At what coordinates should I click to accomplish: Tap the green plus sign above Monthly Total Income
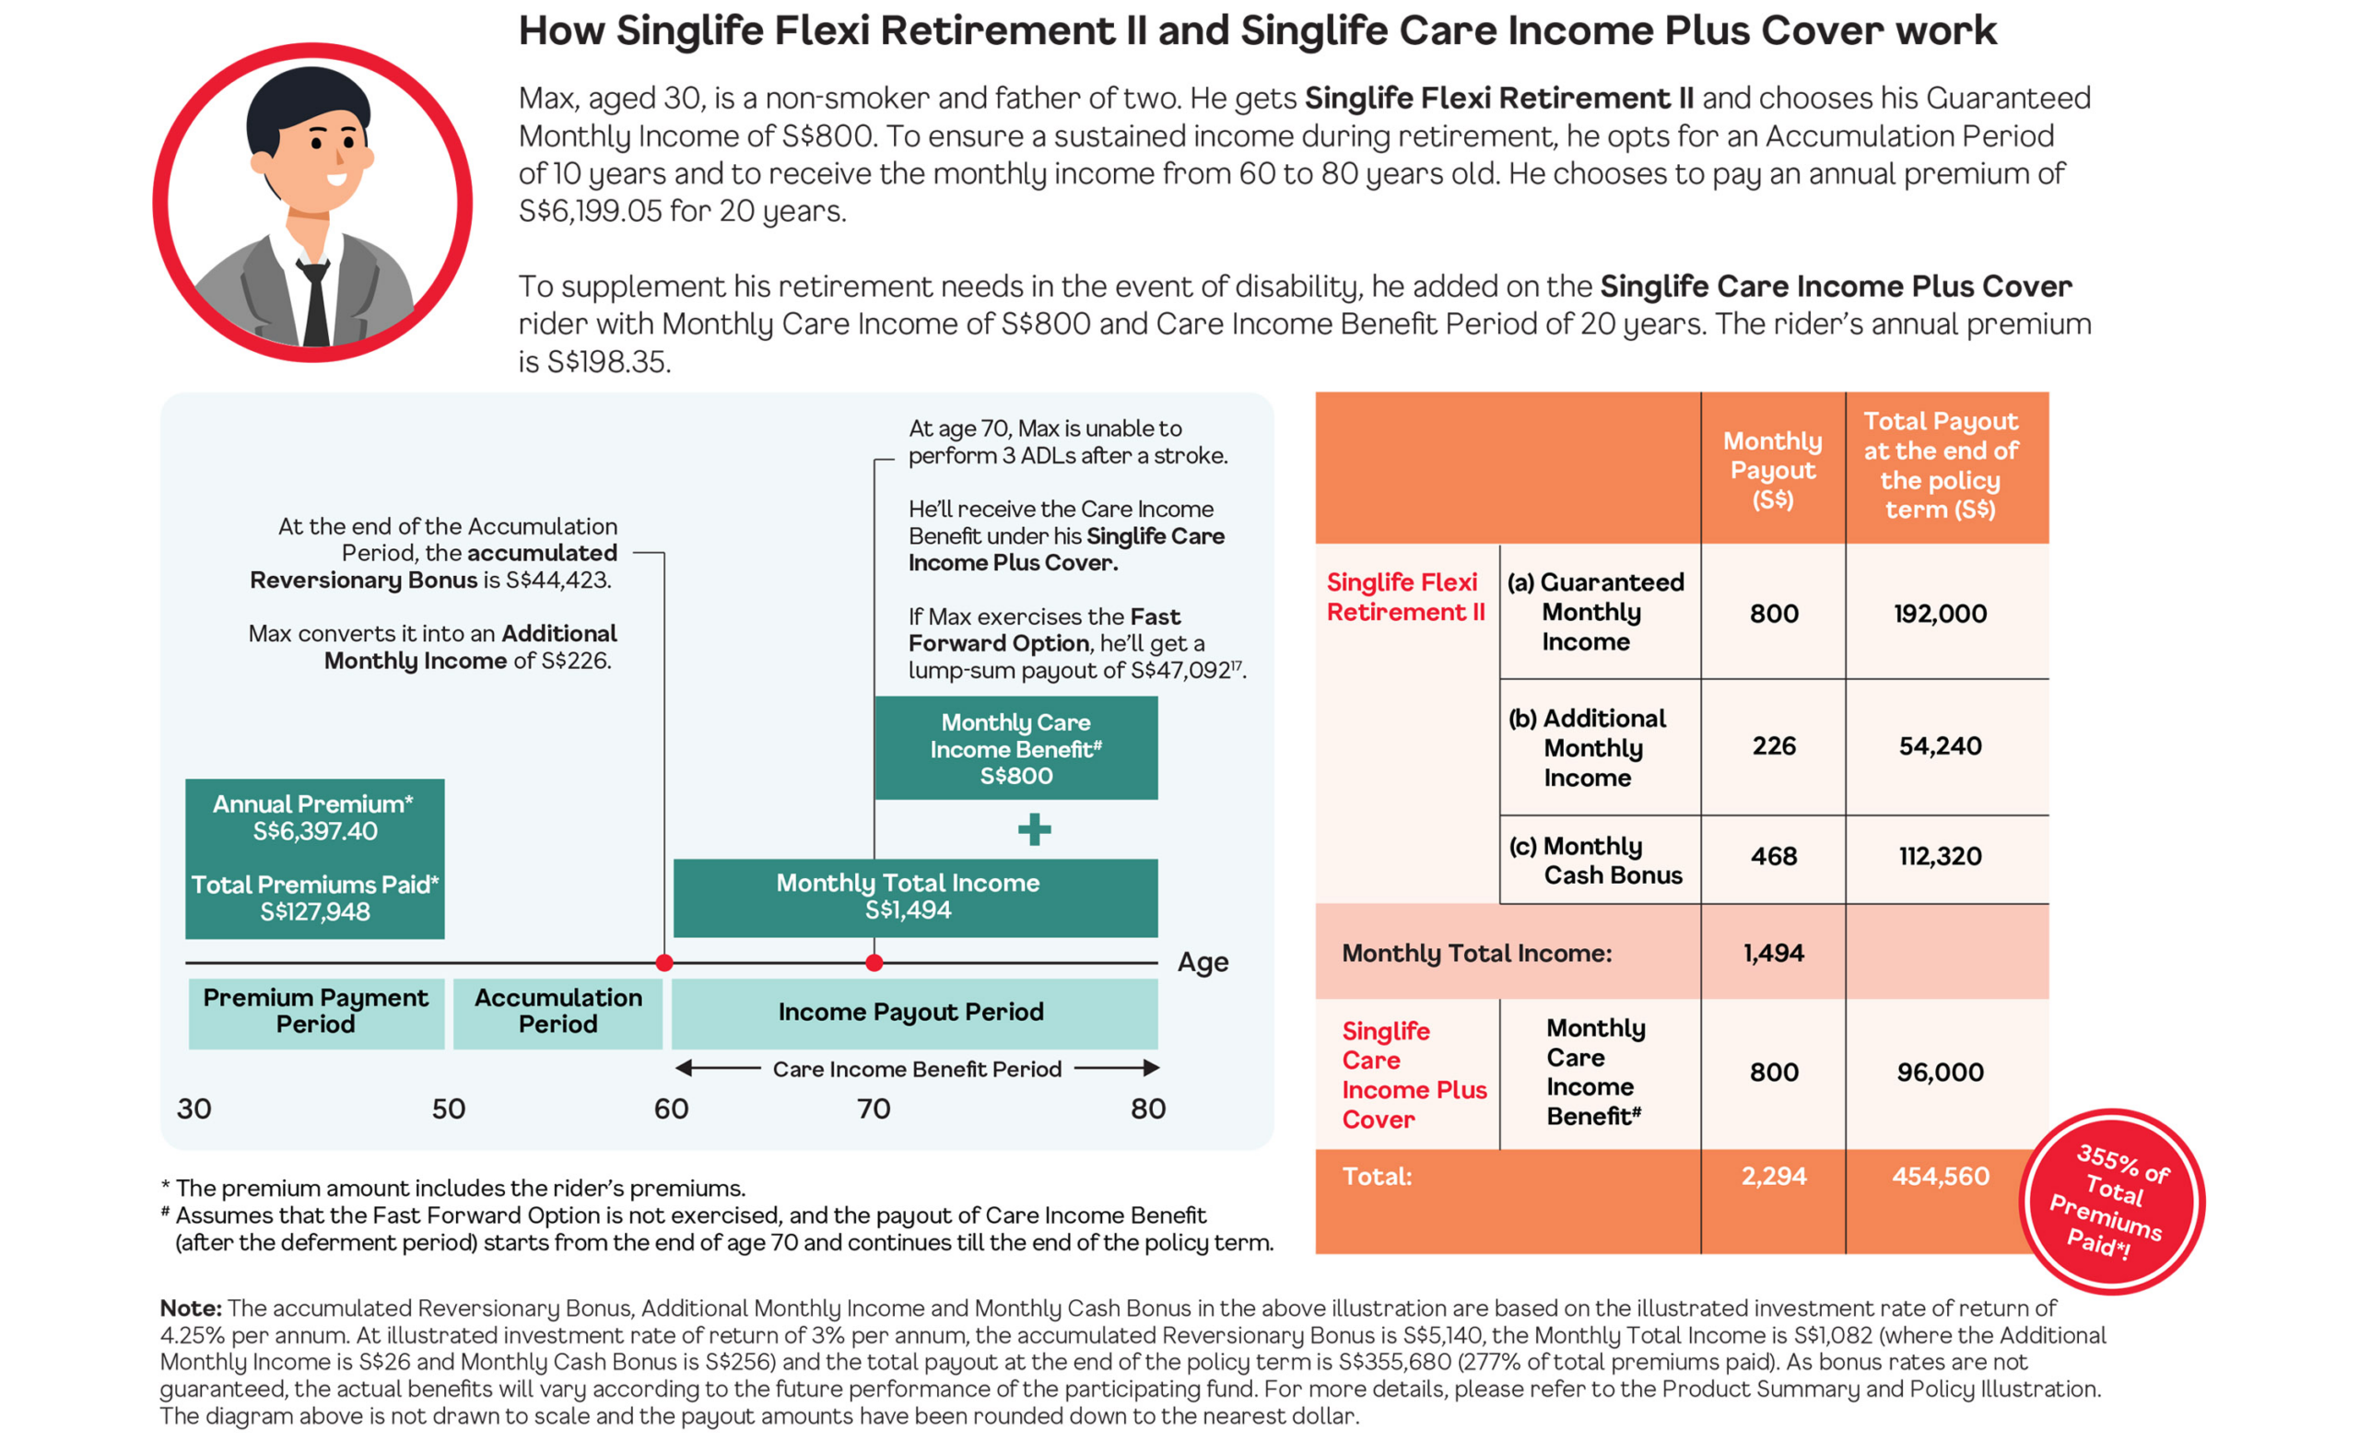click(x=1034, y=829)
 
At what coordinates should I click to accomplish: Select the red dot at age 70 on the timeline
click(x=874, y=962)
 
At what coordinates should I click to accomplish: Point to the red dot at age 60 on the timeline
click(x=664, y=962)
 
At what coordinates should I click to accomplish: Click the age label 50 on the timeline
click(x=448, y=1109)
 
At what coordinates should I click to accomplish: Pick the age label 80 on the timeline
click(x=1148, y=1109)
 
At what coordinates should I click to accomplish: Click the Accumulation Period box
click(x=558, y=1013)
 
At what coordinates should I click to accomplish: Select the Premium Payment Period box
click(x=316, y=1013)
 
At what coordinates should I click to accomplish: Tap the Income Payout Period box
click(x=914, y=1013)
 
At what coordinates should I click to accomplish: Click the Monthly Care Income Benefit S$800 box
click(x=1015, y=748)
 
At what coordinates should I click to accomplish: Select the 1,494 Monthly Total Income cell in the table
click(x=1773, y=952)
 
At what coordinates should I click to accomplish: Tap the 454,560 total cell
click(x=1940, y=1176)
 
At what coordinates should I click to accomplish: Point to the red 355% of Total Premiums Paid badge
click(x=2112, y=1202)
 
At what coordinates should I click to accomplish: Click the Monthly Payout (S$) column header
click(x=1773, y=469)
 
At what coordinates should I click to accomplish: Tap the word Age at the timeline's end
click(x=1203, y=962)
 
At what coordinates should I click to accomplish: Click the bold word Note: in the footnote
click(x=191, y=1308)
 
